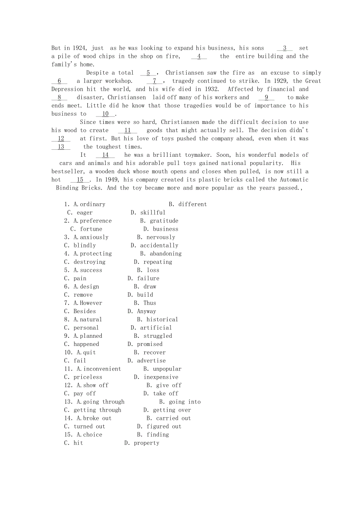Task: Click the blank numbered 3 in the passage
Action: [284, 48]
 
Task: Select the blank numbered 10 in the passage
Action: [106, 114]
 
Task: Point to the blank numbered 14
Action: [105, 155]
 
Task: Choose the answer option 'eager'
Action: [85, 213]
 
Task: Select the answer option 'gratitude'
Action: [164, 221]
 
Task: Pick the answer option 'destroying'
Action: [90, 262]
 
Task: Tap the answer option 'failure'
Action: [148, 278]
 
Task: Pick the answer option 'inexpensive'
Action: [161, 377]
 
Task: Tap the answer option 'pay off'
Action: [85, 393]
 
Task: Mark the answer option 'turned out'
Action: [89, 427]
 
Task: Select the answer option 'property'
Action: [146, 443]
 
